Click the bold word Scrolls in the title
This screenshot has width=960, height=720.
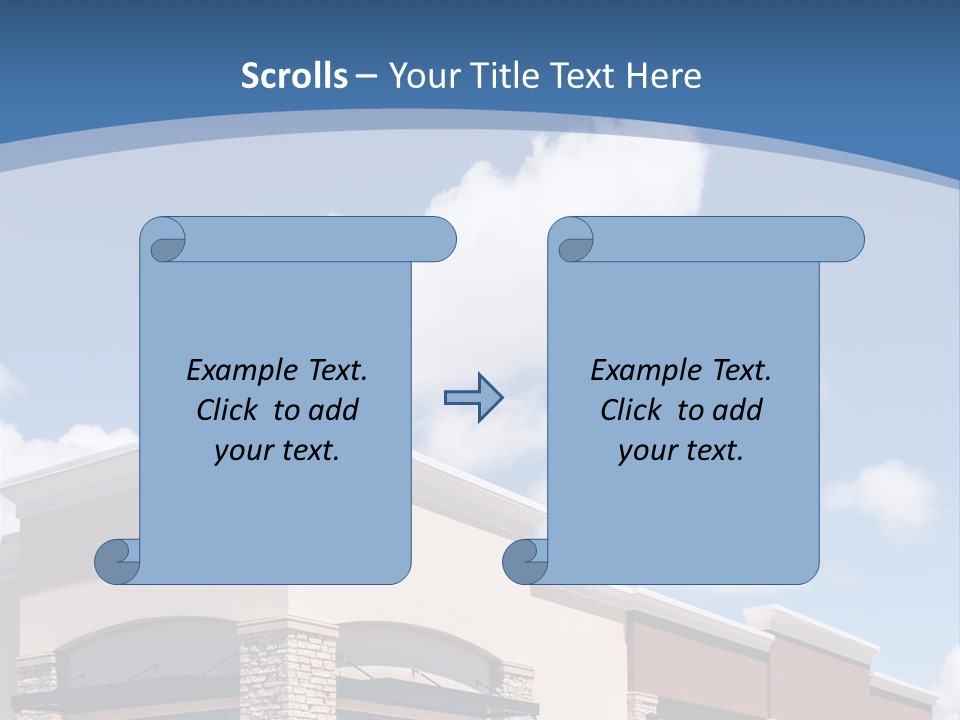[x=294, y=76]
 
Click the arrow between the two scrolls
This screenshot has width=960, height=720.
[x=473, y=398]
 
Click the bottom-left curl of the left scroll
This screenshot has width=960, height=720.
[x=118, y=561]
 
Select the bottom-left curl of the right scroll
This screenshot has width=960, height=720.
[x=526, y=561]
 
